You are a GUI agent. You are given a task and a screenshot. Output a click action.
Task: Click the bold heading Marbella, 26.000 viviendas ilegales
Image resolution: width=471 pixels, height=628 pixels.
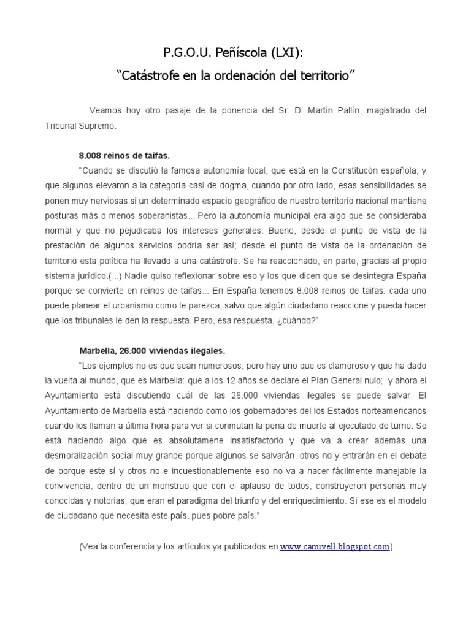152,351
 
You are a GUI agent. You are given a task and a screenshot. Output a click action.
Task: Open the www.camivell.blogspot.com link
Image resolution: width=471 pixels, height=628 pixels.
335,546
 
